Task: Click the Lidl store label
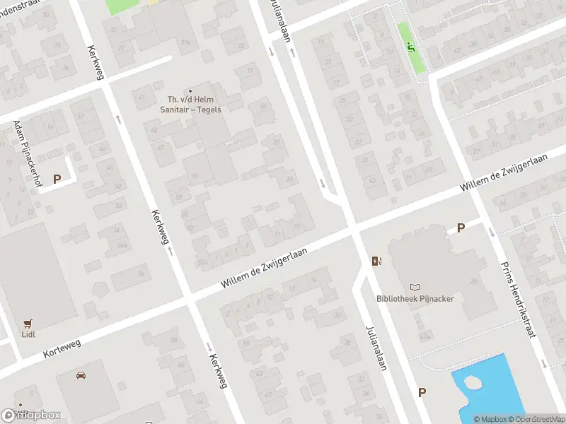click(28, 334)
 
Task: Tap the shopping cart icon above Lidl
click(28, 323)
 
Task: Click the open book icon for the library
click(415, 287)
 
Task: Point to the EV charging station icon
click(377, 261)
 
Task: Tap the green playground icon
click(410, 47)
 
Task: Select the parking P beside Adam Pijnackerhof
click(56, 179)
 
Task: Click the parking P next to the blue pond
click(422, 393)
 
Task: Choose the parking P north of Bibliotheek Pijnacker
click(461, 228)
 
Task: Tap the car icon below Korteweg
click(81, 375)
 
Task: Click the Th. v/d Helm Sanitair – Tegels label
click(190, 105)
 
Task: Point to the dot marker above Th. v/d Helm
click(190, 90)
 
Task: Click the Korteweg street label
click(62, 346)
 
